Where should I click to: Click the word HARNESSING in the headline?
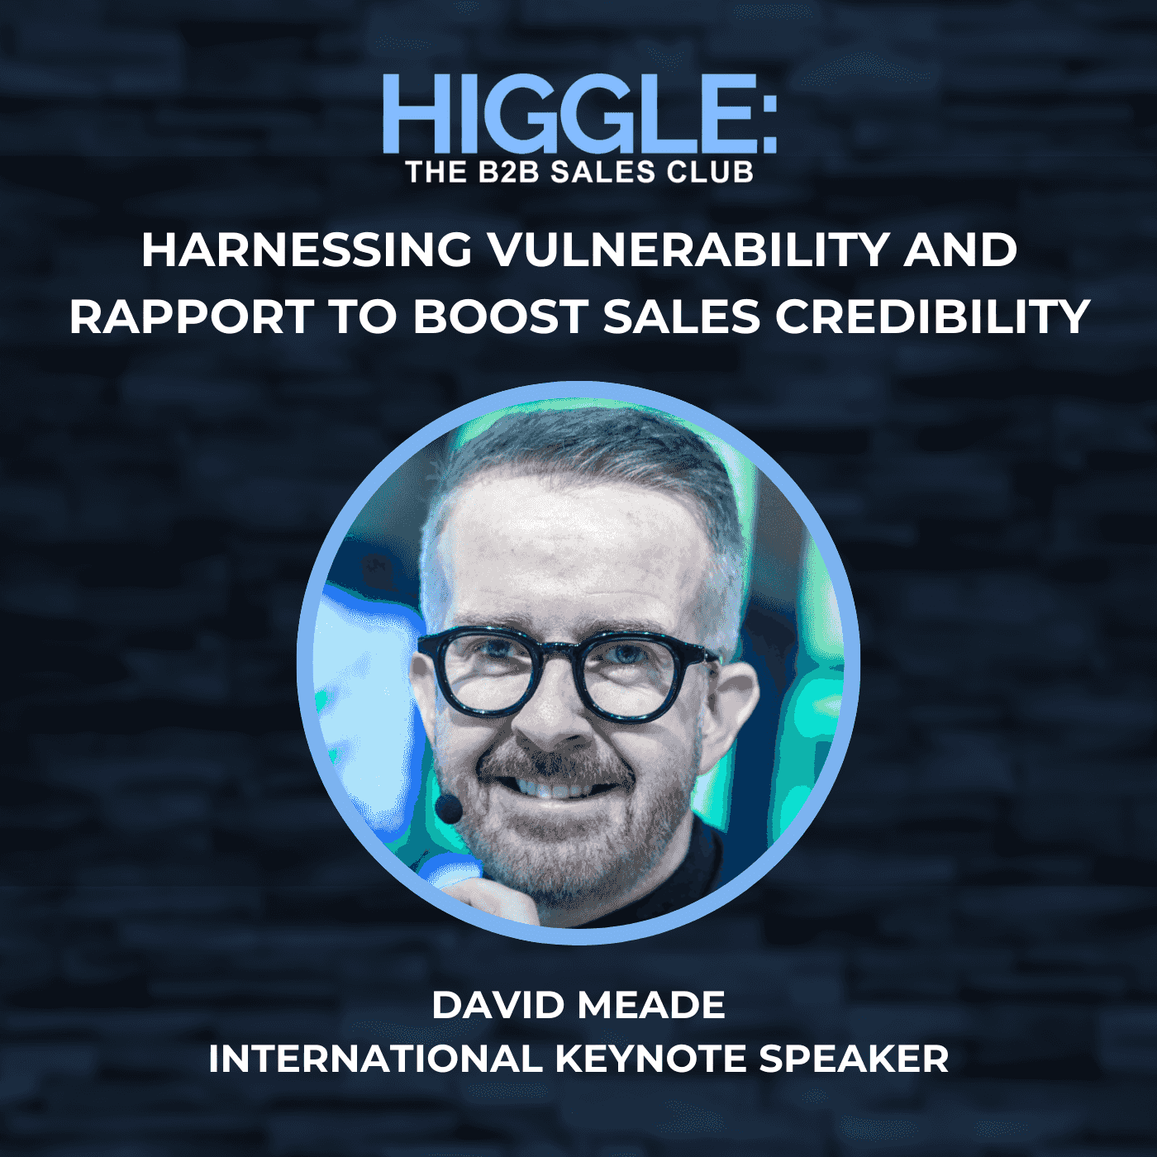(x=307, y=250)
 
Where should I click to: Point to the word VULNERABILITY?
(x=688, y=250)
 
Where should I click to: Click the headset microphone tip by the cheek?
(x=449, y=807)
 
